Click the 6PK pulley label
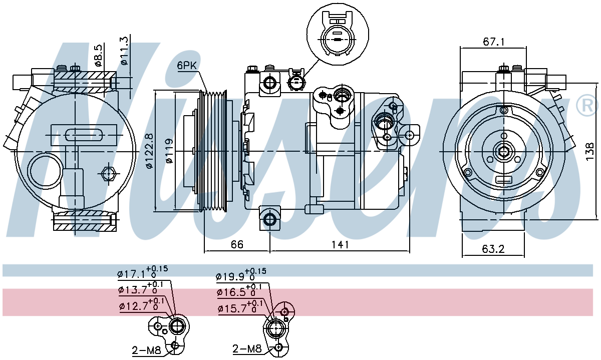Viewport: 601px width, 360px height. point(187,66)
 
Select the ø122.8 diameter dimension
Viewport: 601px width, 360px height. point(149,151)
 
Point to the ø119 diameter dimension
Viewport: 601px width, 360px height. point(169,151)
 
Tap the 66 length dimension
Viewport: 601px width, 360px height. point(237,244)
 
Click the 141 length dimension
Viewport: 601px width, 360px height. point(340,244)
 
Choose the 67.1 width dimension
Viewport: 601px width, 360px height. point(493,42)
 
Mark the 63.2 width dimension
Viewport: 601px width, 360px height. point(493,249)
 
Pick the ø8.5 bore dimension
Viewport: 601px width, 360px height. point(99,55)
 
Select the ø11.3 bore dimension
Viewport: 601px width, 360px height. point(124,51)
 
